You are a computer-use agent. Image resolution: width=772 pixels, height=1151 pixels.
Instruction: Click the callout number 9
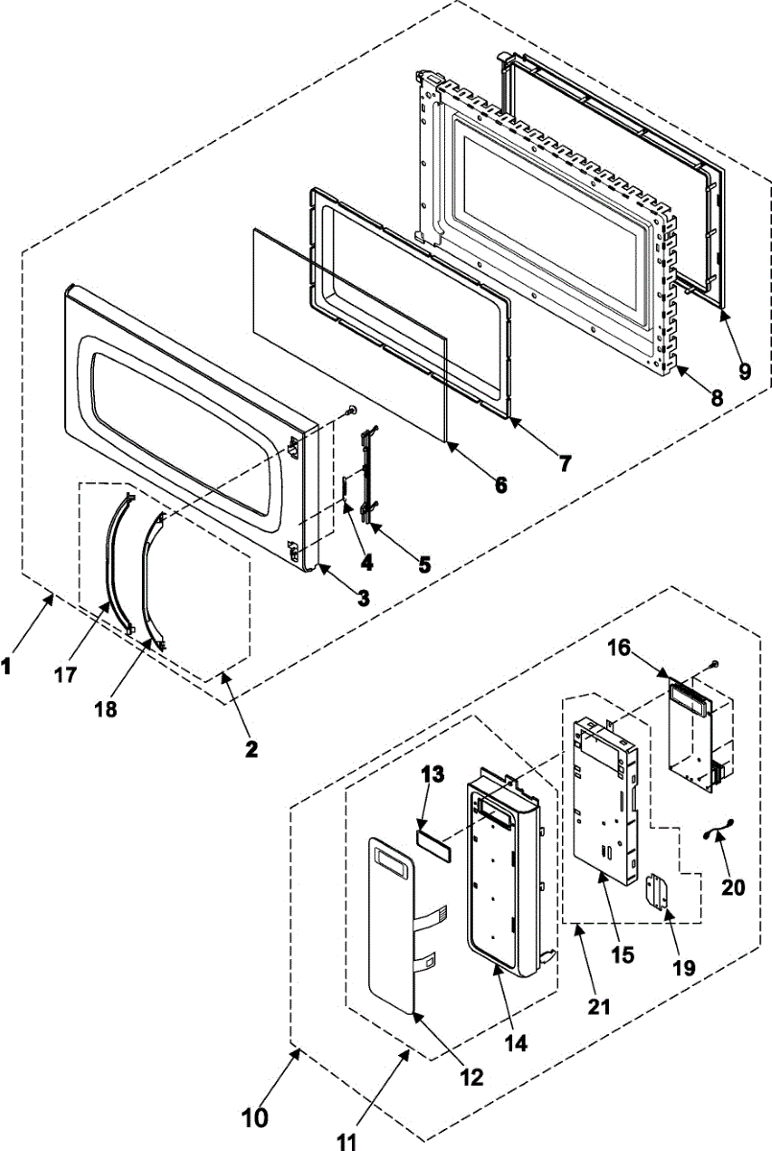[745, 372]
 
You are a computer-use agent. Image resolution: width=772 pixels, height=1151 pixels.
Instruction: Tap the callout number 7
[565, 464]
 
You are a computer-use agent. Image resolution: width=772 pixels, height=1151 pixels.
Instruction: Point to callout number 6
[500, 485]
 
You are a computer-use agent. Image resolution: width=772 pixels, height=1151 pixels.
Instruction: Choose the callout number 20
[733, 887]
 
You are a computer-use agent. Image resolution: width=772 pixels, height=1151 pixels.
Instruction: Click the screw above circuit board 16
[716, 663]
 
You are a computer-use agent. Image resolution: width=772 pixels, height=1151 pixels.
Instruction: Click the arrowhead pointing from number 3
[323, 569]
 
